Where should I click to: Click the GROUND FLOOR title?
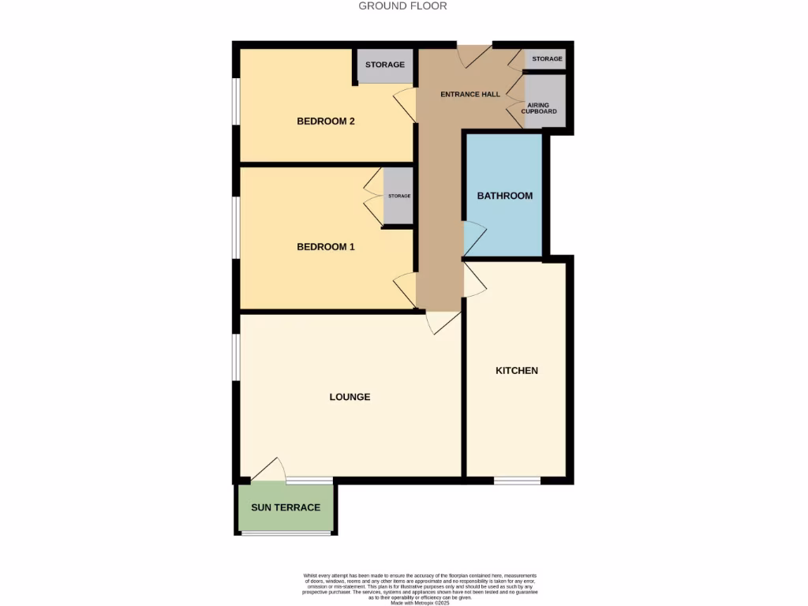[x=402, y=6]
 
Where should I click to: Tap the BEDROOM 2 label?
[x=325, y=122]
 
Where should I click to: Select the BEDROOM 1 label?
[x=325, y=247]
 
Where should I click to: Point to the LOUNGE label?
[x=350, y=397]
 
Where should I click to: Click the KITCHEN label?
[x=516, y=371]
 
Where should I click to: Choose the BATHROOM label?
[x=504, y=196]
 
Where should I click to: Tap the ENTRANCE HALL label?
[x=470, y=95]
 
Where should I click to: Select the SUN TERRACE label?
[x=286, y=507]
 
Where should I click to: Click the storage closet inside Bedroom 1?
[x=398, y=196]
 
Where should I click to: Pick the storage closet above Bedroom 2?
[x=384, y=65]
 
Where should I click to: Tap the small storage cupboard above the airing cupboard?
[x=547, y=59]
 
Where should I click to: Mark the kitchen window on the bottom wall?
[x=517, y=480]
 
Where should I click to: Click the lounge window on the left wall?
[x=235, y=357]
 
